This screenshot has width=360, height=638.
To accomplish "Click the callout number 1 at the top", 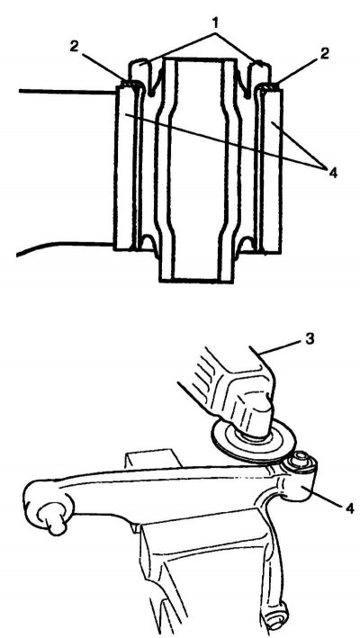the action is coord(216,24).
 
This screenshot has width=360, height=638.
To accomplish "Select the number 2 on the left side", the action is coord(74,46).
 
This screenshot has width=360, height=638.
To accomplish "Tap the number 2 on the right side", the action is coord(324,54).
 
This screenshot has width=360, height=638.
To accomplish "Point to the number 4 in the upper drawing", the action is coord(333,173).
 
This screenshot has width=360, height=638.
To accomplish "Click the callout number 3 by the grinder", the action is coord(310,339).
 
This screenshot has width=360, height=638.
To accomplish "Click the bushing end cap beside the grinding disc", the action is coord(301,463).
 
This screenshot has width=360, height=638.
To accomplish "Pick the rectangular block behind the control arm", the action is coord(152,458).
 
